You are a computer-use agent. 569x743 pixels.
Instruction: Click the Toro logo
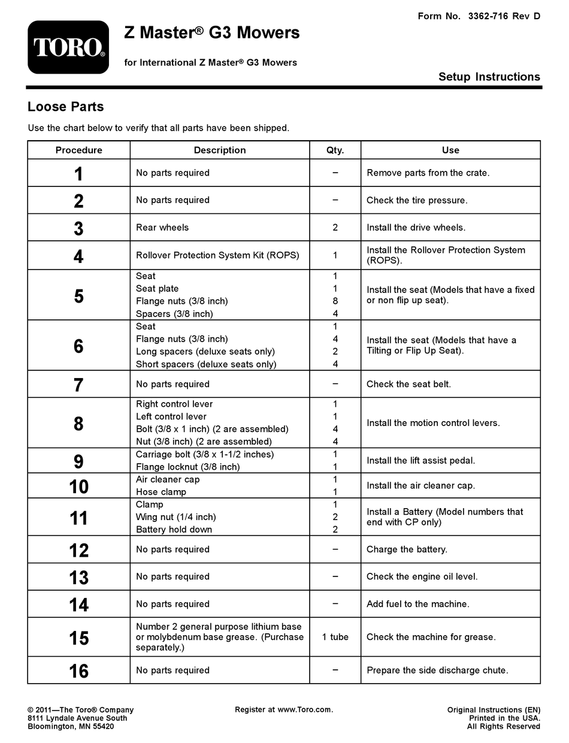click(68, 47)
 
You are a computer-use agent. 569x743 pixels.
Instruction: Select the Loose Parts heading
click(66, 107)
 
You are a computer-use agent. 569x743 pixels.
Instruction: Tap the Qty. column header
click(335, 150)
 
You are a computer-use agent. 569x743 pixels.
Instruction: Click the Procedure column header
click(79, 150)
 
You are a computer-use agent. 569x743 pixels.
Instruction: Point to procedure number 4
click(78, 256)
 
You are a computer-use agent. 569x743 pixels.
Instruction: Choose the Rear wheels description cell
click(162, 228)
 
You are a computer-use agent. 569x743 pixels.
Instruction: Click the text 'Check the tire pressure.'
click(417, 200)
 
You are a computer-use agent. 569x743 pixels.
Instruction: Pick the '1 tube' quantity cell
click(335, 637)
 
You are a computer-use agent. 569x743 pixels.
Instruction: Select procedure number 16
click(78, 671)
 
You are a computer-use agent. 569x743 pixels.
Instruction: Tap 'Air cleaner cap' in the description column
click(168, 479)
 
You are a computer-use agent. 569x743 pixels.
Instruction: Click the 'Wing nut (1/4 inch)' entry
click(176, 517)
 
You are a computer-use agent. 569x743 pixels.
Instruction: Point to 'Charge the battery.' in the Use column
click(407, 549)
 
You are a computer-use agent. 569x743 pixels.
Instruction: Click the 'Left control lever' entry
click(171, 416)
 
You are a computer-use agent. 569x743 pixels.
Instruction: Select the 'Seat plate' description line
click(157, 289)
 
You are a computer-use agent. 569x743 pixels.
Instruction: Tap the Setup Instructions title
click(489, 77)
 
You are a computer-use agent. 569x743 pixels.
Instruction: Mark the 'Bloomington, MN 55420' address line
click(71, 727)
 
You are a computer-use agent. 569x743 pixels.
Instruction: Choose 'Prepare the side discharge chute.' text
click(437, 670)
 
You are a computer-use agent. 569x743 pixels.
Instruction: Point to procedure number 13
click(78, 578)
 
